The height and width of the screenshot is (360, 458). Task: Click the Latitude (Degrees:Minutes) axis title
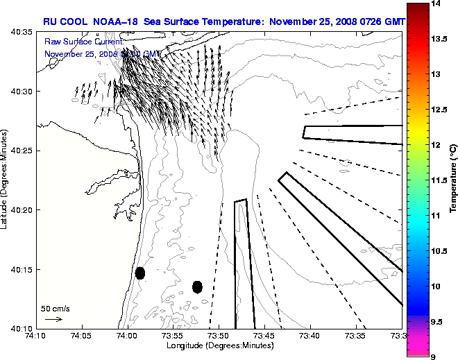pos(5,180)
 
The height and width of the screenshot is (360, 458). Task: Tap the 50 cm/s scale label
pos(55,308)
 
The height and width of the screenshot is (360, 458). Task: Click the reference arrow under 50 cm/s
pos(53,319)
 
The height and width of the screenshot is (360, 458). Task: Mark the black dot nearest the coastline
pos(140,273)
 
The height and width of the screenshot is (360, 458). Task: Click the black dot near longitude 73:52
pos(197,286)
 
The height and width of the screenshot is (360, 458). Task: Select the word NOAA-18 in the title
pos(112,22)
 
